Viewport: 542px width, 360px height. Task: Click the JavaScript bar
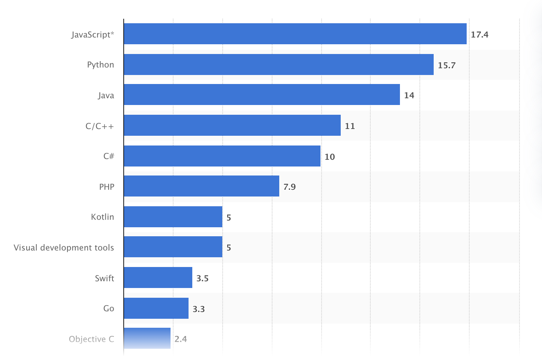[x=295, y=34]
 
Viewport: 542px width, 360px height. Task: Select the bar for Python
[x=278, y=64]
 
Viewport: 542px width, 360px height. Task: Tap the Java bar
[x=262, y=94]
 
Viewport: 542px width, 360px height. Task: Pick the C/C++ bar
[x=232, y=125]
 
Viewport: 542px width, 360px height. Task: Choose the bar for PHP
[x=201, y=186]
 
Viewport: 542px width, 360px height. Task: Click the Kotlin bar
[x=173, y=217]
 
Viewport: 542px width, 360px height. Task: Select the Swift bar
[x=158, y=277]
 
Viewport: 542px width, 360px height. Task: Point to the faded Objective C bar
[x=147, y=338]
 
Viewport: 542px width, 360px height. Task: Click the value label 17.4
[x=479, y=34]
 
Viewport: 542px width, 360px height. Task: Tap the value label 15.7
[x=446, y=65]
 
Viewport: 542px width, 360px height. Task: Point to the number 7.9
[x=289, y=187]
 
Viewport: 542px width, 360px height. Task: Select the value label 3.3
[x=199, y=309]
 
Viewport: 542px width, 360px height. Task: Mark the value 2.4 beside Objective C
[x=181, y=339]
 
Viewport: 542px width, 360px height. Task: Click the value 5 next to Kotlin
[x=229, y=217]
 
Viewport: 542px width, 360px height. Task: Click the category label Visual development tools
[x=64, y=247]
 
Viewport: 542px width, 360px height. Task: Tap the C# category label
[x=109, y=156]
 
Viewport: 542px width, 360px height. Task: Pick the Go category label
[x=109, y=308]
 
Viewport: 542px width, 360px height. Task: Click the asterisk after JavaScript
[x=112, y=33]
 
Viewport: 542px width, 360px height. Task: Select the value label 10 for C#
[x=329, y=157]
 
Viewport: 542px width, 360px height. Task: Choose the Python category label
[x=100, y=64]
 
